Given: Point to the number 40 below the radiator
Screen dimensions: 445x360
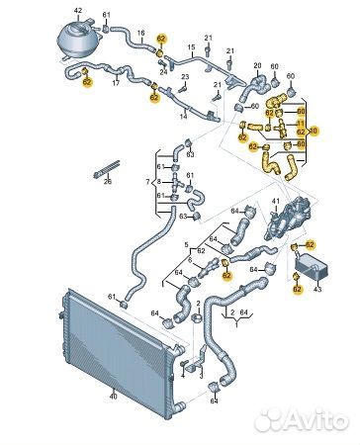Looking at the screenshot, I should click(113, 397).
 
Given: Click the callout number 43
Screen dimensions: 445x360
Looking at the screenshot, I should click(318, 289).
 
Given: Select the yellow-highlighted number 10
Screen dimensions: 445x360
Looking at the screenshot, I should click(315, 131).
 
